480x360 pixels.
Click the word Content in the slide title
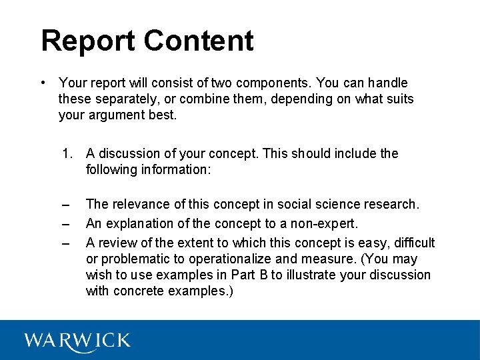pyautogui.click(x=198, y=41)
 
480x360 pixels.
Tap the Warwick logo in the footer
pyautogui.click(x=77, y=341)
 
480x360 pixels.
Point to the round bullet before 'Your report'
pyautogui.click(x=42, y=83)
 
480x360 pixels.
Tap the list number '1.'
pyautogui.click(x=67, y=154)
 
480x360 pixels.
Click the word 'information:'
pyautogui.click(x=175, y=170)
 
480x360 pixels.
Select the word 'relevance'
pyautogui.click(x=139, y=205)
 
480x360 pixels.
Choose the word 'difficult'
pyautogui.click(x=412, y=243)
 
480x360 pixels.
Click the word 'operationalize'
pyautogui.click(x=231, y=259)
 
